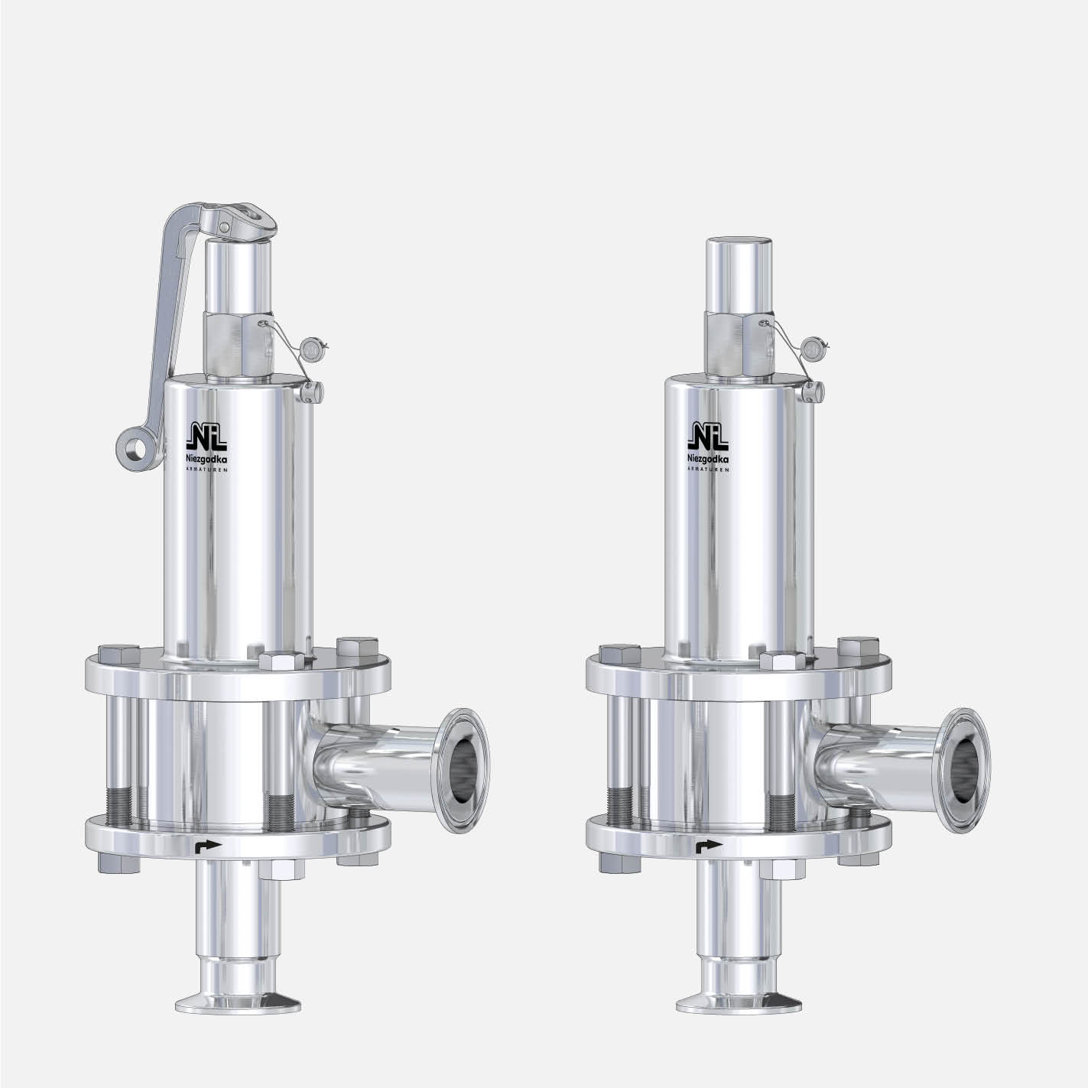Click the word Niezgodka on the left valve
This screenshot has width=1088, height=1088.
click(x=206, y=461)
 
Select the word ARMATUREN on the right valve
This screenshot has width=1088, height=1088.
click(x=708, y=469)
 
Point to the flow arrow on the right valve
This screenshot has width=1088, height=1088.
click(x=710, y=846)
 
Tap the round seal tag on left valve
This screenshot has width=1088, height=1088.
click(x=311, y=349)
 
